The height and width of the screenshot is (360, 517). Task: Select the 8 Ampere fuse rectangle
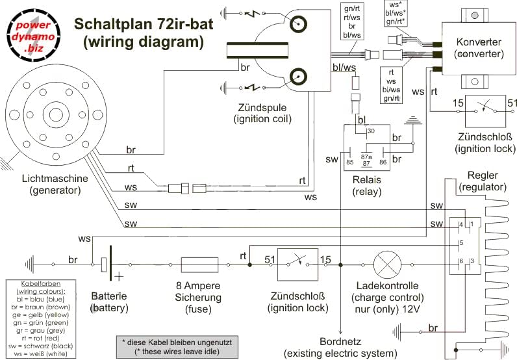(195, 264)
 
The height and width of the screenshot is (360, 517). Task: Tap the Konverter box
(480, 49)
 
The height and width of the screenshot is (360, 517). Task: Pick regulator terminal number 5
(461, 243)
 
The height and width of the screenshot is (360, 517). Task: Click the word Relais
(366, 179)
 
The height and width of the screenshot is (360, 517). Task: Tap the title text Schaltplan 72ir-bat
(138, 24)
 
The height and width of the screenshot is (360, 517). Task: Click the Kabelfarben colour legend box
(43, 316)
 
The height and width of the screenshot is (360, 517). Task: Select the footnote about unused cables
(177, 346)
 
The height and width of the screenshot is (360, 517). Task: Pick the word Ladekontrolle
(387, 286)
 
